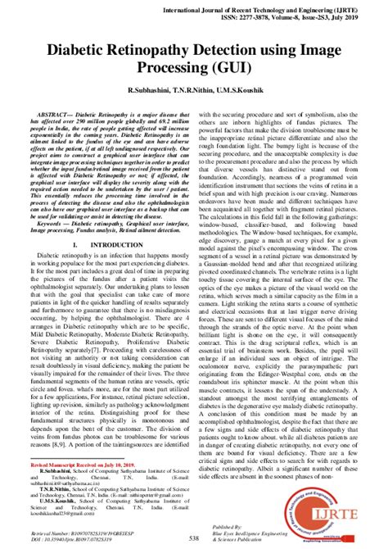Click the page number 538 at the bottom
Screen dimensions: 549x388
[194, 538]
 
